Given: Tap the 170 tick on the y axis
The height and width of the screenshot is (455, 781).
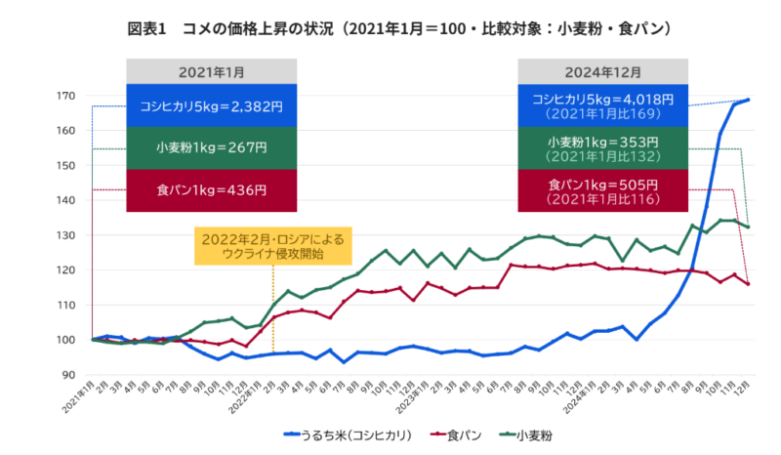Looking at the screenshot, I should coord(66,96).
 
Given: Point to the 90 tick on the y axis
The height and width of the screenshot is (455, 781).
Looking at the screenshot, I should coord(69,375).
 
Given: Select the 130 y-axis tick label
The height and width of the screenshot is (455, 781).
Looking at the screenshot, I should coord(66,235).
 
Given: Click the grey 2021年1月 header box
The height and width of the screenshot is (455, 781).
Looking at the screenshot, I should coord(211,73).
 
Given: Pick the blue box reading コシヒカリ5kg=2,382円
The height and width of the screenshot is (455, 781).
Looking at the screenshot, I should coord(211,106).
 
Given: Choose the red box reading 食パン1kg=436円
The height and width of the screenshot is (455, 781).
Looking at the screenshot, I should coord(211,189).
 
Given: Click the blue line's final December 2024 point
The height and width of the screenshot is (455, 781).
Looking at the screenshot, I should coord(748,100).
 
